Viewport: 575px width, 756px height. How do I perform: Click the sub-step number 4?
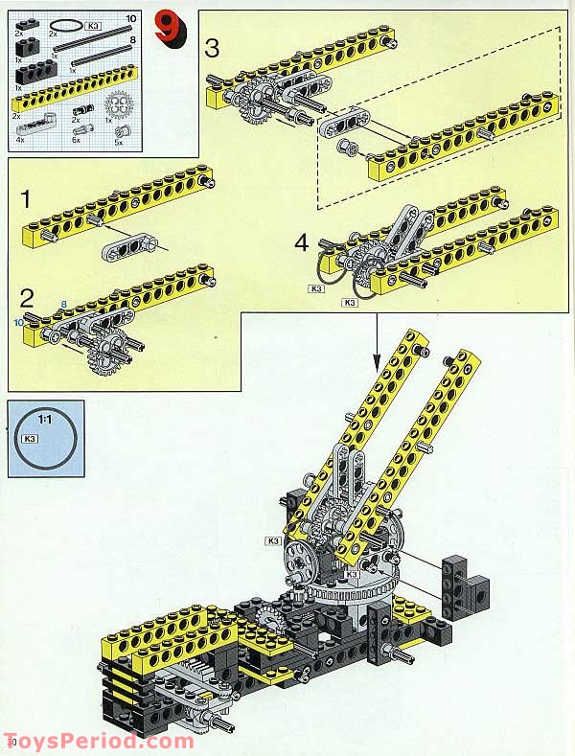[302, 243]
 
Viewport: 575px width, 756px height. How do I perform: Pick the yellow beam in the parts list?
[72, 96]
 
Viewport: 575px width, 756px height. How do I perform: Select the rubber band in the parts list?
[67, 23]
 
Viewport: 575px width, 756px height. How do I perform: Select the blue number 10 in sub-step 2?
[17, 323]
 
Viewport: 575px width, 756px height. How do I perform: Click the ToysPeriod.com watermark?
[101, 741]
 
